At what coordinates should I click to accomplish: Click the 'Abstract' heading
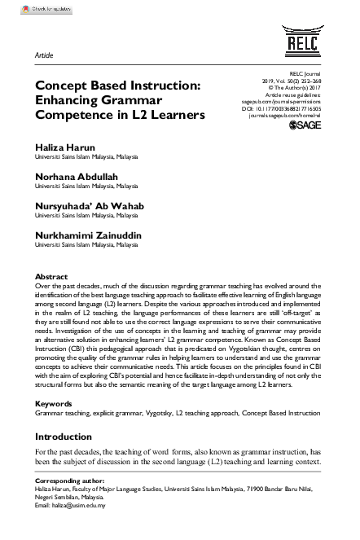tap(52, 277)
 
